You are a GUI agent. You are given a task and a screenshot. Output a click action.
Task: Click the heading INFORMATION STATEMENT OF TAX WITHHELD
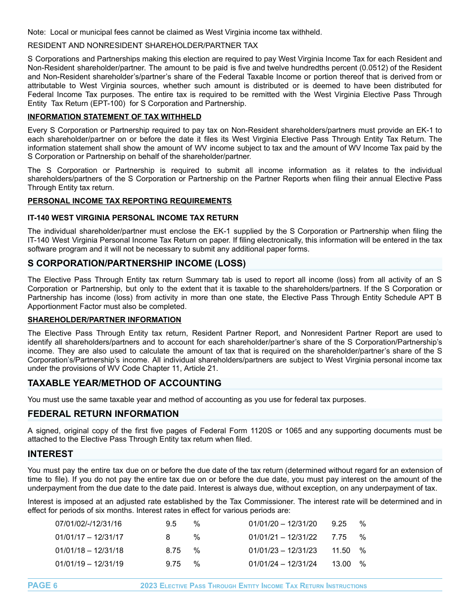click(x=114, y=117)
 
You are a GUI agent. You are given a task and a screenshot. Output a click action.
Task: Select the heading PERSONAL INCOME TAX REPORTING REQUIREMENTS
click(x=130, y=201)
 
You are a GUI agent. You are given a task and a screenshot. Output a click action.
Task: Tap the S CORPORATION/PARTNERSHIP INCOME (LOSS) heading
click(x=137, y=263)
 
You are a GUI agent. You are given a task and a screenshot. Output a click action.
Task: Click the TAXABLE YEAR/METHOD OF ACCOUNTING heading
click(x=124, y=383)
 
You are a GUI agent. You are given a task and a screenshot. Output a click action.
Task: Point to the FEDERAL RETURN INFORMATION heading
click(x=103, y=414)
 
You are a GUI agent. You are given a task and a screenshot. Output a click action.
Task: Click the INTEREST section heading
click(x=50, y=454)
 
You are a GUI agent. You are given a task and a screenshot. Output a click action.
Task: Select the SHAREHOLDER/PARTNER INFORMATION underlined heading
click(x=104, y=320)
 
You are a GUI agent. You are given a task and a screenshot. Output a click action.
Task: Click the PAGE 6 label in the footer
click(x=43, y=586)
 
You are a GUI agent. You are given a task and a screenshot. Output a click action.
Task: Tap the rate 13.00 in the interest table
click(x=341, y=564)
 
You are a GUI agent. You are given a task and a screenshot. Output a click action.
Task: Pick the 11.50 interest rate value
click(x=341, y=551)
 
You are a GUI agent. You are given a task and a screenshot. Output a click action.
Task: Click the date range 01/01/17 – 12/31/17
click(x=89, y=537)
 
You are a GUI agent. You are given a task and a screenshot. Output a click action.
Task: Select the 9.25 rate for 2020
click(x=339, y=524)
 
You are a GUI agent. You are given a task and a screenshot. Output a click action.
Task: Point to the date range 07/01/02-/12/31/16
click(x=88, y=524)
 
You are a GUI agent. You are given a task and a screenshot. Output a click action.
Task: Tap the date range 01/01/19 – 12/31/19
click(x=89, y=564)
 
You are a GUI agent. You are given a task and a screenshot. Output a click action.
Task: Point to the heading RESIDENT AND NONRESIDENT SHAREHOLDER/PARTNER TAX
click(x=142, y=46)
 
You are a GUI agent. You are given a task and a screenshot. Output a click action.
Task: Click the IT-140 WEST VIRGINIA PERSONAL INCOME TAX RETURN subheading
click(x=133, y=218)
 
